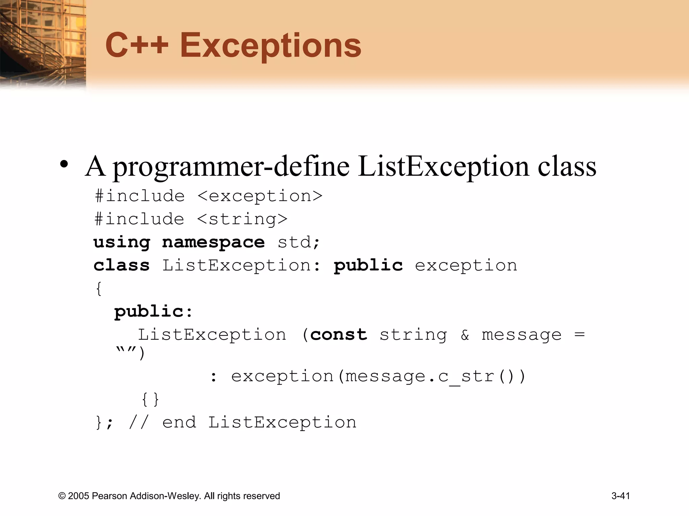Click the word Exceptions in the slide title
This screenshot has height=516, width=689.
tap(270, 46)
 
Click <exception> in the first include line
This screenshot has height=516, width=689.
tap(260, 196)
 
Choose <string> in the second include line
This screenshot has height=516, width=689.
tap(242, 219)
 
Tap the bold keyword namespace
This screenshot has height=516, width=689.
tap(213, 243)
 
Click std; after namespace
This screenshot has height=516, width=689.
tap(299, 243)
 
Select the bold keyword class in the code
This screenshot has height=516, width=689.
tap(121, 265)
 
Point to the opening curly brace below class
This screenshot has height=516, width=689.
tap(99, 289)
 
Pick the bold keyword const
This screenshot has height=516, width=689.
tap(338, 335)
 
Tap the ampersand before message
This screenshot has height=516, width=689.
tap(465, 335)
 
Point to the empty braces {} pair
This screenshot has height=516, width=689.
tap(150, 399)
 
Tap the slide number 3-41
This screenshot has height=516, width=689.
tap(621, 496)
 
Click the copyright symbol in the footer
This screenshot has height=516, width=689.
tap(62, 496)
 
